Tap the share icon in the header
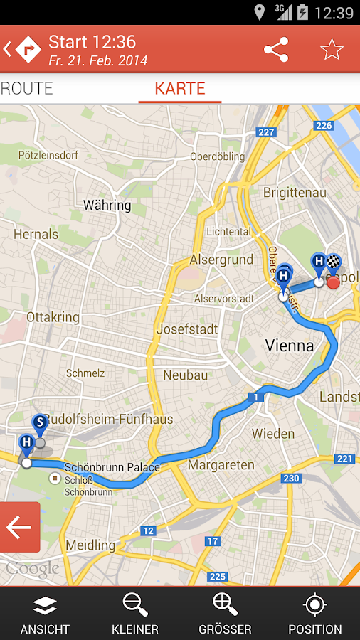pyautogui.click(x=276, y=50)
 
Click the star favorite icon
pyautogui.click(x=332, y=50)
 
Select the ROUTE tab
pyautogui.click(x=27, y=89)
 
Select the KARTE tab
pyautogui.click(x=180, y=89)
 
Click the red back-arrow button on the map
pyautogui.click(x=19, y=527)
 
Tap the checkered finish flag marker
pyautogui.click(x=333, y=263)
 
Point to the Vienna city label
pyautogui.click(x=290, y=346)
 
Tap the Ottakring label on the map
pyautogui.click(x=53, y=317)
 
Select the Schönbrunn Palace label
pyautogui.click(x=112, y=467)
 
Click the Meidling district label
pyautogui.click(x=90, y=545)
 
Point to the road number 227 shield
pyautogui.click(x=267, y=132)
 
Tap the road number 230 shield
pyautogui.click(x=292, y=479)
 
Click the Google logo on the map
pyautogui.click(x=32, y=568)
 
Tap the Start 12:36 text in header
pyautogui.click(x=92, y=42)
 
